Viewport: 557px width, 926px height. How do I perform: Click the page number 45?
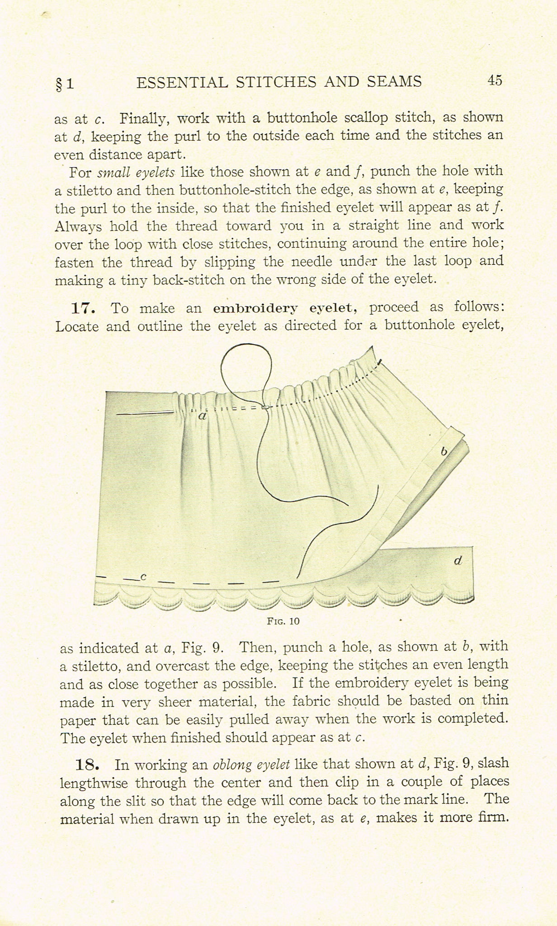tap(495, 80)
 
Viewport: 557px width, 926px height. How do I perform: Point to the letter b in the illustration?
tap(444, 451)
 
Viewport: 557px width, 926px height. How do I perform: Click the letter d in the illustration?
tap(458, 561)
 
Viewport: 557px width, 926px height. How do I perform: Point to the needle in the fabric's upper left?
tap(145, 413)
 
